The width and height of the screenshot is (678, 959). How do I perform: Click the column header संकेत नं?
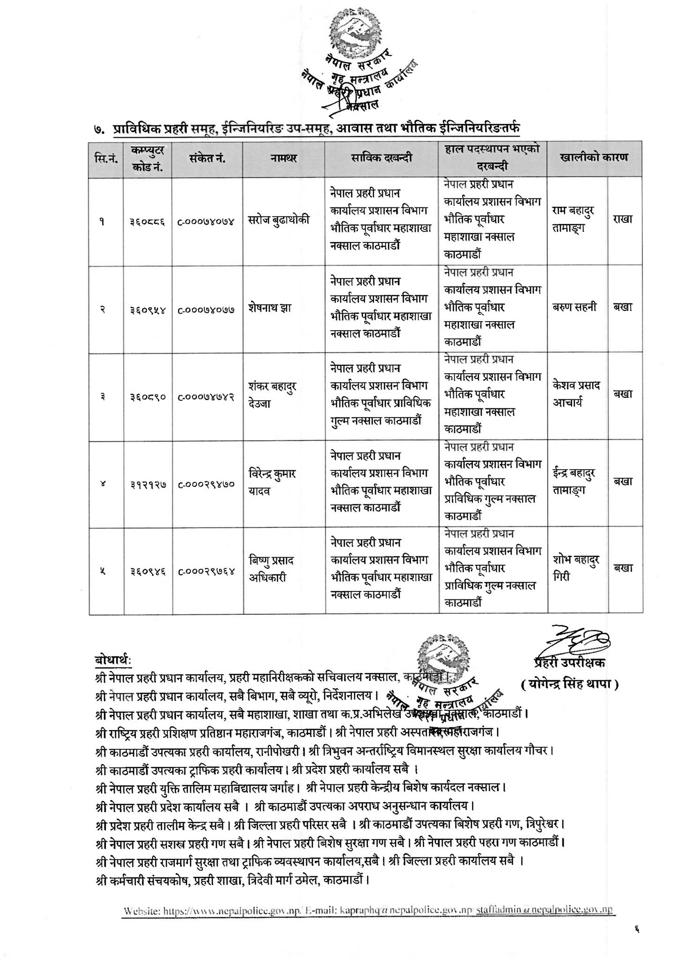207,159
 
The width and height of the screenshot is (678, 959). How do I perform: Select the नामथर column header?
284,159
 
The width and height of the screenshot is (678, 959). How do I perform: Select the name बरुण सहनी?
575,307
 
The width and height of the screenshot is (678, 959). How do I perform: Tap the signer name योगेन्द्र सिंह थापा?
569,685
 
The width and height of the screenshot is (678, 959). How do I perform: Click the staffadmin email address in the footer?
544,911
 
